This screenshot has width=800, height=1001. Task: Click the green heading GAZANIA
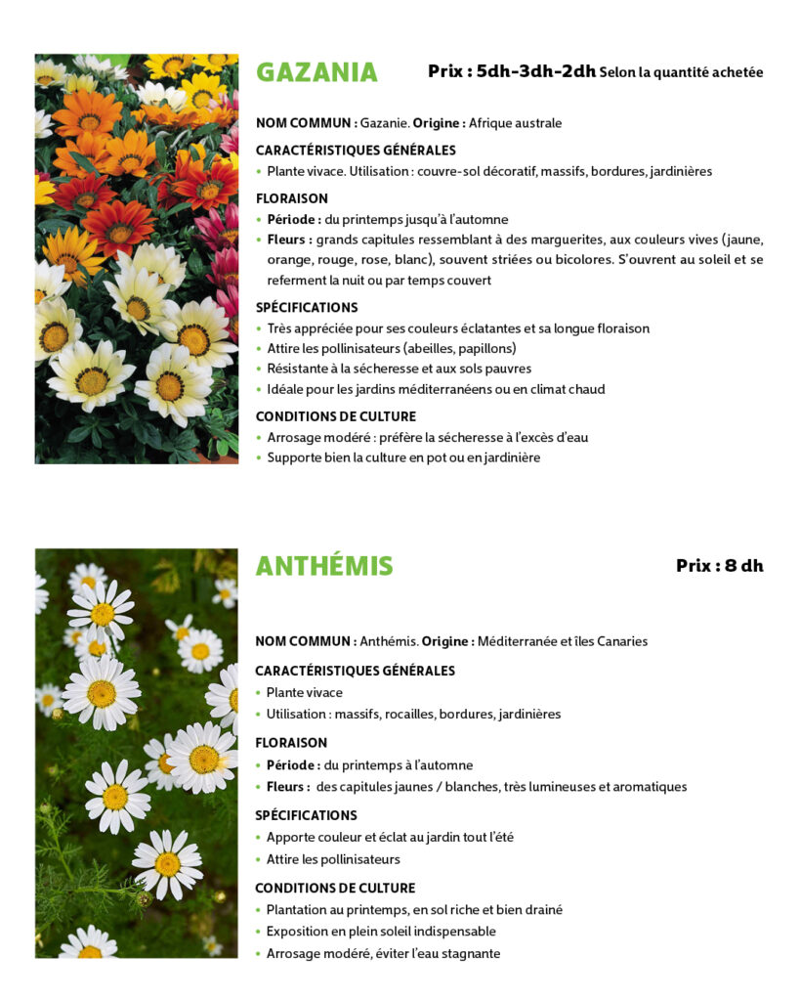pyautogui.click(x=316, y=72)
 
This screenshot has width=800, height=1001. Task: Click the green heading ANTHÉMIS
pyautogui.click(x=324, y=566)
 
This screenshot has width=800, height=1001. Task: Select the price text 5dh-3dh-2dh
pyautogui.click(x=536, y=71)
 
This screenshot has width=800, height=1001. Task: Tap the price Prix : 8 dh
pyautogui.click(x=719, y=566)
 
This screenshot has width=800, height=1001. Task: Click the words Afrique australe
pyautogui.click(x=515, y=123)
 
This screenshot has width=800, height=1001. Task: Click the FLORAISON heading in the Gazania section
pyautogui.click(x=291, y=198)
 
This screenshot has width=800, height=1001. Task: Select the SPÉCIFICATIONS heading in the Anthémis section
pyautogui.click(x=306, y=815)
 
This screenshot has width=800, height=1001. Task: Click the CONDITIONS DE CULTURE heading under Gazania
pyautogui.click(x=335, y=416)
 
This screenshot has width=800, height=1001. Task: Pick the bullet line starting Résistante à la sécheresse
pyautogui.click(x=399, y=369)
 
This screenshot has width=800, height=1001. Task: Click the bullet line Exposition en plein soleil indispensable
pyautogui.click(x=381, y=932)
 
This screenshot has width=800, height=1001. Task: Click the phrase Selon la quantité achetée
pyautogui.click(x=681, y=72)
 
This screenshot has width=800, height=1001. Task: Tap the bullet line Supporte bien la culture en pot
pyautogui.click(x=402, y=457)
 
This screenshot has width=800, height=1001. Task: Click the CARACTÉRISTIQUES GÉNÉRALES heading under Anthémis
pyautogui.click(x=355, y=671)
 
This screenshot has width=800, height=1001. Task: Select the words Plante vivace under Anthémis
pyautogui.click(x=305, y=693)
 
